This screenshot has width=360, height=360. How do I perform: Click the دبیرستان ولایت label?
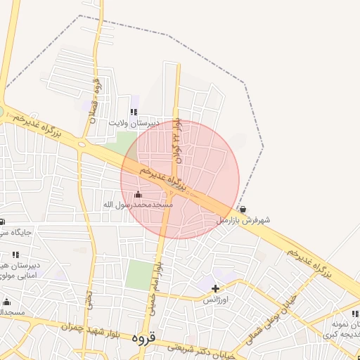pyautogui.click(x=134, y=122)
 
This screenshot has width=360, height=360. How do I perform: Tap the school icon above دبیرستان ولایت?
pyautogui.click(x=134, y=112)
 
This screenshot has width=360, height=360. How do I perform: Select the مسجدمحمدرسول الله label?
pyautogui.click(x=139, y=204)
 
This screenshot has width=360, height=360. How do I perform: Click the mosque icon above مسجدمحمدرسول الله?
pyautogui.click(x=137, y=194)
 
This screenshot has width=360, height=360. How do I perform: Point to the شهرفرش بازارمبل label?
pyautogui.click(x=243, y=220)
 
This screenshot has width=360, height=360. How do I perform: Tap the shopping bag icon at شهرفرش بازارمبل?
pyautogui.click(x=243, y=210)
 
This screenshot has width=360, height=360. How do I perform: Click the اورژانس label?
pyautogui.click(x=216, y=299)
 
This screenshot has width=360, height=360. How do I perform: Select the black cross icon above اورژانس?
pyautogui.click(x=215, y=288)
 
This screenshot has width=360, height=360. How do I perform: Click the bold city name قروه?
pyautogui.click(x=142, y=338)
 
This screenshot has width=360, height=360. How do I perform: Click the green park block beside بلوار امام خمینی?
pyautogui.click(x=139, y=274)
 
